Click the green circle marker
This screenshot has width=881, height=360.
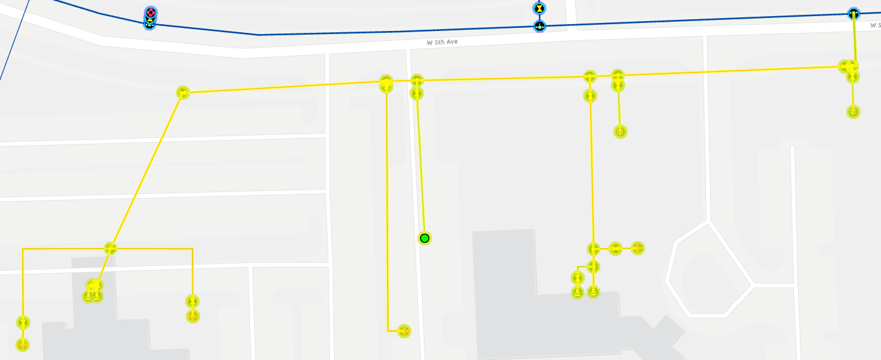[424, 238]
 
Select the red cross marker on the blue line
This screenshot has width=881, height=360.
[151, 12]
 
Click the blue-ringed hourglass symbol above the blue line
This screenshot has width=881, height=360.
[540, 9]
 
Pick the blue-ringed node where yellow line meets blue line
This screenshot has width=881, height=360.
[853, 14]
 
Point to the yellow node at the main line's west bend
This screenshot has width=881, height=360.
[182, 93]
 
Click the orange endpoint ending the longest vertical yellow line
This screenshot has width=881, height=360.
[403, 331]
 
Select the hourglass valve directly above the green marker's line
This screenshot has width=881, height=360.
[417, 94]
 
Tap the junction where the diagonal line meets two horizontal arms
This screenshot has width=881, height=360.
[110, 249]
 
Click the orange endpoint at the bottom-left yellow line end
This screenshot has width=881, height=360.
[23, 344]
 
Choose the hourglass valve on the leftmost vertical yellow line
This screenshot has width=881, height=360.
[23, 323]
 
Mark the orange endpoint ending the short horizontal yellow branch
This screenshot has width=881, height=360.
[636, 248]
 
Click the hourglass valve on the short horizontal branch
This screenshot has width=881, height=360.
[615, 248]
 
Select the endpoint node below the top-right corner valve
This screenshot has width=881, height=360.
[853, 112]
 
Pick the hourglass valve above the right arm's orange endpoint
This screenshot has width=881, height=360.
[193, 301]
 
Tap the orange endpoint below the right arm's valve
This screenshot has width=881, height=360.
[193, 316]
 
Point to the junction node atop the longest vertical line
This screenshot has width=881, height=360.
[386, 83]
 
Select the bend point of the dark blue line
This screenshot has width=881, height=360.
[260, 35]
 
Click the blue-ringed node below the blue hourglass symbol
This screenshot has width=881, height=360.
[540, 26]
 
